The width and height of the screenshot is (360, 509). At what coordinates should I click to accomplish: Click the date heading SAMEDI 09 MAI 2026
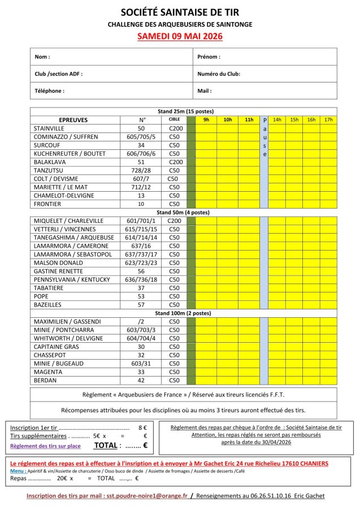[180, 36]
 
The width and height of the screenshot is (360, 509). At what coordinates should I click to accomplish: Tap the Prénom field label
[209, 57]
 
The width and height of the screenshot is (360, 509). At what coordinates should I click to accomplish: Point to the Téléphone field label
[50, 90]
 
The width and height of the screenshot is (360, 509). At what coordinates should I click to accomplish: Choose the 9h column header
[206, 120]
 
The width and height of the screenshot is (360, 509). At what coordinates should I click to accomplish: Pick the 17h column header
[328, 120]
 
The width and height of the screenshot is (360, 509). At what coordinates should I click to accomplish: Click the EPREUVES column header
[75, 120]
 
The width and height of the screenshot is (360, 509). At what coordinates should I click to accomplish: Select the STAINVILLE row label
[50, 128]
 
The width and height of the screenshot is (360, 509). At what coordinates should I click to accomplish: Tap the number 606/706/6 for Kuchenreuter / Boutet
[142, 153]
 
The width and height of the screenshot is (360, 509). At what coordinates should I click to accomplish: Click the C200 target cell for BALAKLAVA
[175, 162]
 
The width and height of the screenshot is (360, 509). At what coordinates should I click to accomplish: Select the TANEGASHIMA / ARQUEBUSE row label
[74, 238]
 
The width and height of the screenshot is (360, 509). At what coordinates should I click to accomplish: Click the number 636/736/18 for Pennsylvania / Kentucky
[142, 279]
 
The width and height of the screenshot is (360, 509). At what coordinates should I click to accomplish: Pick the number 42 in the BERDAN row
[142, 381]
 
